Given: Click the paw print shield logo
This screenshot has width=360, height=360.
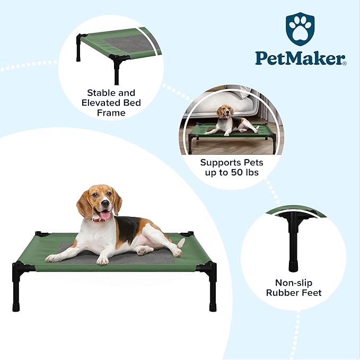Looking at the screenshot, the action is pos(300,29).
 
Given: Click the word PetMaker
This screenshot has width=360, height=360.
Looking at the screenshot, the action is pos(300,58).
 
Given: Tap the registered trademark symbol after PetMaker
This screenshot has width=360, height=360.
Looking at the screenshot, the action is pos(345,64).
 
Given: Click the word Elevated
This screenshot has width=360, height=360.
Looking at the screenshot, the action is pos(101,103).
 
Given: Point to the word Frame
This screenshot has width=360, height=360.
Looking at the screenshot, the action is pos(111,113).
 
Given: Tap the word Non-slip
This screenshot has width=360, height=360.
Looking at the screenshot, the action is pos(294,283).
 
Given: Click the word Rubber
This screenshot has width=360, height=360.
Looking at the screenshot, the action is pos(282,293).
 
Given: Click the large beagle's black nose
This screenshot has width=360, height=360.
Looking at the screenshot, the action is pos(106,203).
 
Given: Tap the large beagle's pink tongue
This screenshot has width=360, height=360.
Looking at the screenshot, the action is pos(106,215).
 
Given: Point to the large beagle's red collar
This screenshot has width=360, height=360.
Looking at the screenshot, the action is pos(98,219).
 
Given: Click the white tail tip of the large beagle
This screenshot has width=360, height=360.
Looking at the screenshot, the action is pos(181,243).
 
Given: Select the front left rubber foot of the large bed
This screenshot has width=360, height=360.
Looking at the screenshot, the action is pos(16,307).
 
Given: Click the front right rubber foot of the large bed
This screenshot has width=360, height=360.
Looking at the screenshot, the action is pos(213,307).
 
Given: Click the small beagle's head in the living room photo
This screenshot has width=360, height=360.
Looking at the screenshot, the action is pos(225,112).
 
